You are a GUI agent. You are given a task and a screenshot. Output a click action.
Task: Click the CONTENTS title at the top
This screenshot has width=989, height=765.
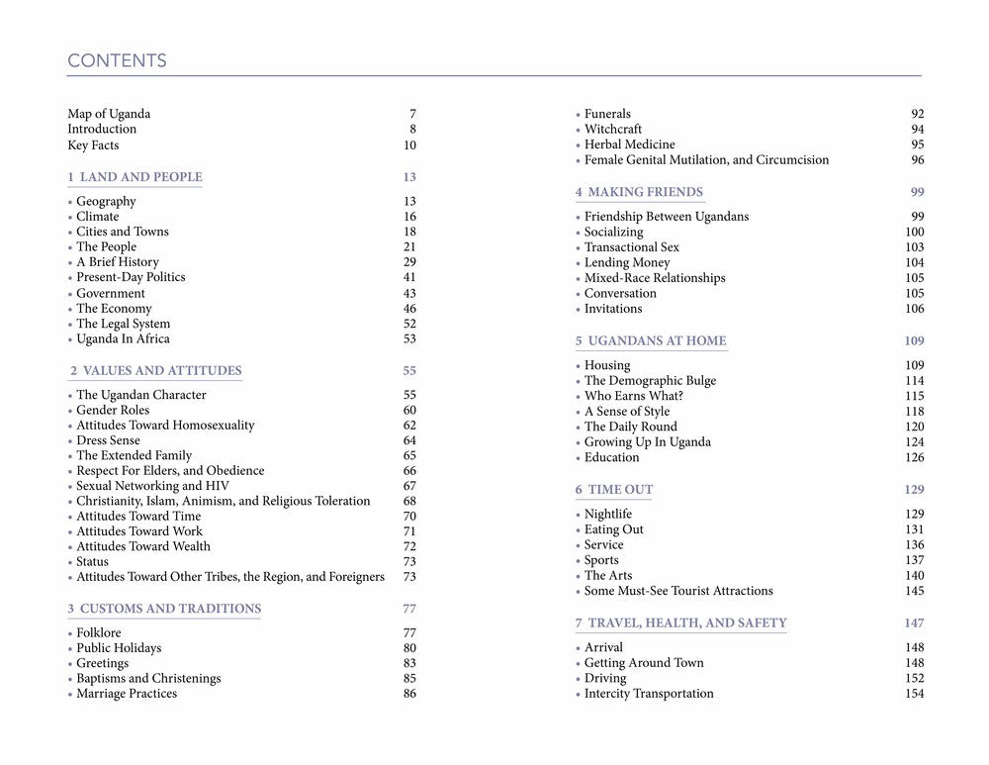click(x=117, y=61)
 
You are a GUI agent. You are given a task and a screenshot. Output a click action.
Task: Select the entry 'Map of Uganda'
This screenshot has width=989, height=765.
click(x=109, y=114)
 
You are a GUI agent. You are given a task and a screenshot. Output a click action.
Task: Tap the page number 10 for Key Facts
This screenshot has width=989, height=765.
click(x=409, y=145)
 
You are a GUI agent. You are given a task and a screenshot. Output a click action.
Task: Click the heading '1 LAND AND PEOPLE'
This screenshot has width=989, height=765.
click(x=135, y=177)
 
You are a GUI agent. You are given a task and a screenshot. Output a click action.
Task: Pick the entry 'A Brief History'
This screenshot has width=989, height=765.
click(x=118, y=262)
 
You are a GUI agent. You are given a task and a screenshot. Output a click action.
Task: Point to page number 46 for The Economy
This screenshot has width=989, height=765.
click(x=409, y=309)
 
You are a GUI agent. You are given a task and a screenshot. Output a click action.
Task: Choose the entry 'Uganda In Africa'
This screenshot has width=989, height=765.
click(x=123, y=338)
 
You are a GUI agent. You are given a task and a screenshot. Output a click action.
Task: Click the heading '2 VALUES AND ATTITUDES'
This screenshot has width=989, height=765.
click(x=156, y=371)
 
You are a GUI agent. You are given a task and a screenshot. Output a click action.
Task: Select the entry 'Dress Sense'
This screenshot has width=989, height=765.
click(x=108, y=440)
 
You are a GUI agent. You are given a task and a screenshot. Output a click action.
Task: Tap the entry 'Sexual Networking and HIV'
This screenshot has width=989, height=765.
click(x=152, y=486)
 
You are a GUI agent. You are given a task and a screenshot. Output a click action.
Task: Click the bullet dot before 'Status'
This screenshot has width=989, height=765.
click(x=70, y=562)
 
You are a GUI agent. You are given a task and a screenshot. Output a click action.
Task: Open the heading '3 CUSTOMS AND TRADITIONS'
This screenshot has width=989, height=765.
click(x=164, y=609)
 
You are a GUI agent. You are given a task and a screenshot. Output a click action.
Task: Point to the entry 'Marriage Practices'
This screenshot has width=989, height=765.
click(x=127, y=694)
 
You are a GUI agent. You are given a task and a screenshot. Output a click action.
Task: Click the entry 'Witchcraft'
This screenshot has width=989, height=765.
click(x=612, y=129)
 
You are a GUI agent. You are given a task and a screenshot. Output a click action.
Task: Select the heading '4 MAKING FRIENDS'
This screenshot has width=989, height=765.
click(x=639, y=192)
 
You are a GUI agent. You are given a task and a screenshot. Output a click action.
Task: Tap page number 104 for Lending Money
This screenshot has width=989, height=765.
click(x=914, y=262)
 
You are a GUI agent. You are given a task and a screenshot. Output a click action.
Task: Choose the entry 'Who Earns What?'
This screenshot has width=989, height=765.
click(x=633, y=396)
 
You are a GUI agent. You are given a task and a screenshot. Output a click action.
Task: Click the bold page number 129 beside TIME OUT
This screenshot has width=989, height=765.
click(x=913, y=490)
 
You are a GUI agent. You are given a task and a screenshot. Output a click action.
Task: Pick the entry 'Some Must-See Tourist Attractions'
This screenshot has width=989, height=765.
click(x=678, y=591)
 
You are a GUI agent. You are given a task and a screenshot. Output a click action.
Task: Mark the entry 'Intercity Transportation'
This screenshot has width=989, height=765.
click(x=648, y=694)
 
